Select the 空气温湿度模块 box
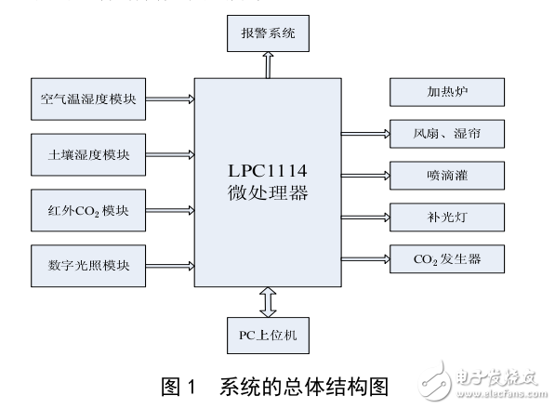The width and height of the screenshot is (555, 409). pyautogui.click(x=89, y=99)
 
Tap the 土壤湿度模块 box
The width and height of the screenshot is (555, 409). pyautogui.click(x=89, y=152)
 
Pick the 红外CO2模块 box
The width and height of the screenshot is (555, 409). pyautogui.click(x=89, y=207)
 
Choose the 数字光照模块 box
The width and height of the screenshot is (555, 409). pyautogui.click(x=89, y=263)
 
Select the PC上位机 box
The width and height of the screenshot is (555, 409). pyautogui.click(x=268, y=332)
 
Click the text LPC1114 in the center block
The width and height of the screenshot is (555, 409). pyautogui.click(x=269, y=174)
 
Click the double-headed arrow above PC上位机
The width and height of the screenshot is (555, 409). pyautogui.click(x=269, y=301)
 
